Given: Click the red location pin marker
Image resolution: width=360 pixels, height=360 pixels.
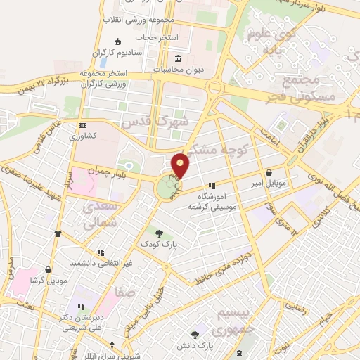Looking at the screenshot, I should pos(181,165).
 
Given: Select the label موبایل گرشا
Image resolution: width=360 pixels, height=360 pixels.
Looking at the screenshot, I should pos(48,280).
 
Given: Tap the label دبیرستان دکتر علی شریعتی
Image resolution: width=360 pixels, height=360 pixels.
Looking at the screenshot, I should pos(82,322).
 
